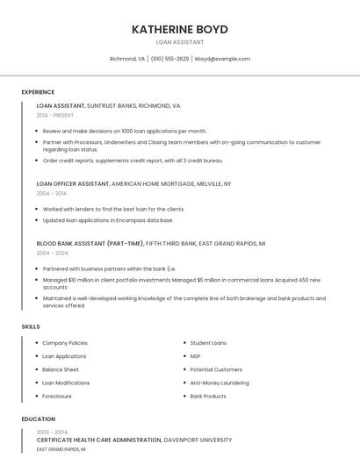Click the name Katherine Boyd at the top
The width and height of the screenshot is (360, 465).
point(180,29)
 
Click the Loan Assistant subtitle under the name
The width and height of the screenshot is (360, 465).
point(180,42)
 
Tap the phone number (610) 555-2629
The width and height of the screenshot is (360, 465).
point(169,59)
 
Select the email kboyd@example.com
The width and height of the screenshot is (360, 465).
point(222,59)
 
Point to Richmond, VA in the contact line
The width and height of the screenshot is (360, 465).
point(127,59)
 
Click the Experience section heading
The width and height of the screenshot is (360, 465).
point(38,92)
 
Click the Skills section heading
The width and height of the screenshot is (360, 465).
point(31,326)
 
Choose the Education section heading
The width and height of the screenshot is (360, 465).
point(39,419)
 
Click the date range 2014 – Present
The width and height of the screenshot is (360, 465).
point(55,115)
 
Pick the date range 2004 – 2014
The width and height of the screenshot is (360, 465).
point(52,193)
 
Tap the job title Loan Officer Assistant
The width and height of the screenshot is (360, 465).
point(73,184)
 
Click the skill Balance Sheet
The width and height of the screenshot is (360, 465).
point(61,369)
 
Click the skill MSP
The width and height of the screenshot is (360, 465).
point(195,356)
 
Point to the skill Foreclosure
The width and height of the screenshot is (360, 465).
point(58,396)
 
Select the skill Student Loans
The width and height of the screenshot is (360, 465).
point(208,343)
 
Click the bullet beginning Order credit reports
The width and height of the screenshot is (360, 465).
point(133,161)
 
